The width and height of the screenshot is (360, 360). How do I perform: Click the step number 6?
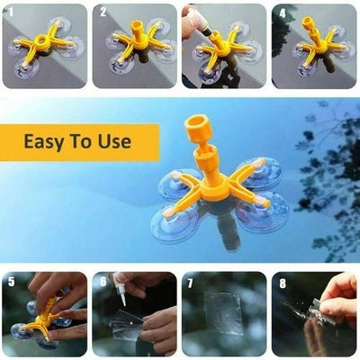click(102, 282)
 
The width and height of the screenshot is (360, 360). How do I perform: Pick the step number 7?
click(192, 282)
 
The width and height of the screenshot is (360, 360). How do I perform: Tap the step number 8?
click(282, 282)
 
